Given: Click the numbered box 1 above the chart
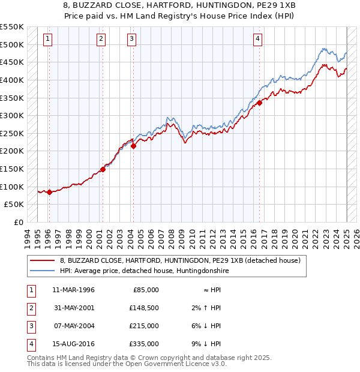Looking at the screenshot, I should pos(48,40).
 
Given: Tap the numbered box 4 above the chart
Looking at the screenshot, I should pos(257,40).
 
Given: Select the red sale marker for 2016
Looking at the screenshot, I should pos(260,103).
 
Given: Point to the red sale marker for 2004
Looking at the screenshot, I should pos(133,145).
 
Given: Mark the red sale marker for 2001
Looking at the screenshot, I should pos(103,169).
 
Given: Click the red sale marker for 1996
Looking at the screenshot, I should pos(49,192).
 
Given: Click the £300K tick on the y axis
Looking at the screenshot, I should pos(12,115).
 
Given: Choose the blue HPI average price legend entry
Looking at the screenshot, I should pos(144,271).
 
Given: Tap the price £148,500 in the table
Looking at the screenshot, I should pos(145,308).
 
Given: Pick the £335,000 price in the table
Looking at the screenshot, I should pos(145,344).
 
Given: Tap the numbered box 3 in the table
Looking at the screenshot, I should pos(30,326).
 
